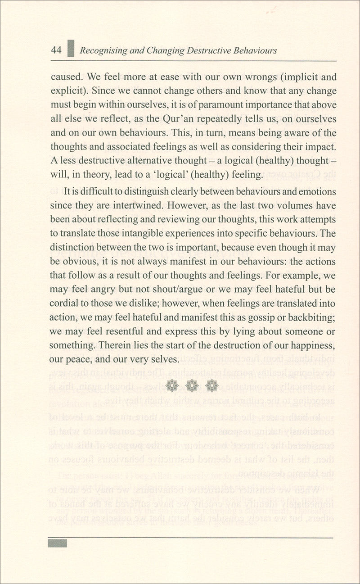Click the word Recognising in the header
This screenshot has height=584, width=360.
click(102, 51)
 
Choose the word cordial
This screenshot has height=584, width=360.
click(63, 304)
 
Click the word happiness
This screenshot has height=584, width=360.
click(312, 346)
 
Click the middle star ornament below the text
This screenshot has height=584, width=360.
click(192, 385)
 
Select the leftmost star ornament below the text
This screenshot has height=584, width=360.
click(172, 385)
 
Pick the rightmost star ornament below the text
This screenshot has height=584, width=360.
click(211, 385)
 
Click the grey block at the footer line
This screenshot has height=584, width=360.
click(58, 543)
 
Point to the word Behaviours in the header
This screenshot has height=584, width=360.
click(255, 51)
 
